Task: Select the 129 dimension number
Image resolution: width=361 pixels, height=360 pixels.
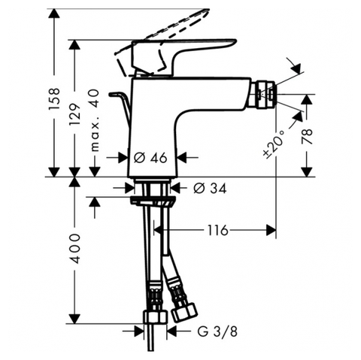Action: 75,114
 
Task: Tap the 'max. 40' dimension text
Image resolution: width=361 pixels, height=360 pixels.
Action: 95,121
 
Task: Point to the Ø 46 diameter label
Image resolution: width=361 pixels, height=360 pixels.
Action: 150,158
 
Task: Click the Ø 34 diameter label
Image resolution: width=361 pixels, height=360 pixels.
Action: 210,188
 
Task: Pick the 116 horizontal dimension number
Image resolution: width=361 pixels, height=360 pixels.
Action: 217,230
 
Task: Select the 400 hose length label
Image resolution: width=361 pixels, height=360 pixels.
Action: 75,248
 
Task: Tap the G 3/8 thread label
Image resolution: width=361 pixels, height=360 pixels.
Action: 217,332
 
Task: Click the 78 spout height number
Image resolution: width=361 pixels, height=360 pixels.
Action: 308,136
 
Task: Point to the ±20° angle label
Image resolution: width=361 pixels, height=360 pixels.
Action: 274,143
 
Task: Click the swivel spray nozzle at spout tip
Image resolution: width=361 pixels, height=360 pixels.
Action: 265,95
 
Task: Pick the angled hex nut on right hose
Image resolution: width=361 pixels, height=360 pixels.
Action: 184,311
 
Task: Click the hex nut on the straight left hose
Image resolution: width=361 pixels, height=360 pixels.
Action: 155,318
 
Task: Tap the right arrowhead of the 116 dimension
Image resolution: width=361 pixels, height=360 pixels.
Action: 271,230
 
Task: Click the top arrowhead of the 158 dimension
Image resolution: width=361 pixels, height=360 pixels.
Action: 54,14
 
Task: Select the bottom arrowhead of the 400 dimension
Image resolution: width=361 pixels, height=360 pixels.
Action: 75,318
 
